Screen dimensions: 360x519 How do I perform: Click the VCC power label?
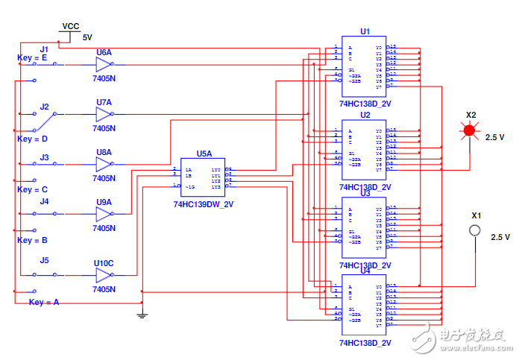tap(70, 25)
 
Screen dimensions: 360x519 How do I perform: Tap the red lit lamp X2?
tap(469, 131)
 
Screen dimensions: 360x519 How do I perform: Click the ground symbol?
tap(142, 315)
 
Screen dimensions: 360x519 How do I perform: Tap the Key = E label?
tap(32, 57)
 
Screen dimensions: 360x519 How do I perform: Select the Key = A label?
tap(44, 302)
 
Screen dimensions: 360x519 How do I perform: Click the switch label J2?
tap(45, 107)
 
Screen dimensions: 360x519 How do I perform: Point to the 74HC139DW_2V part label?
tap(204, 203)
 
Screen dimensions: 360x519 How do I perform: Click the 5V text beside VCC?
tap(87, 37)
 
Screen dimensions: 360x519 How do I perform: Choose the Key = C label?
tap(32, 189)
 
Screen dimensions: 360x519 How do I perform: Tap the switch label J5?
tap(44, 260)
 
